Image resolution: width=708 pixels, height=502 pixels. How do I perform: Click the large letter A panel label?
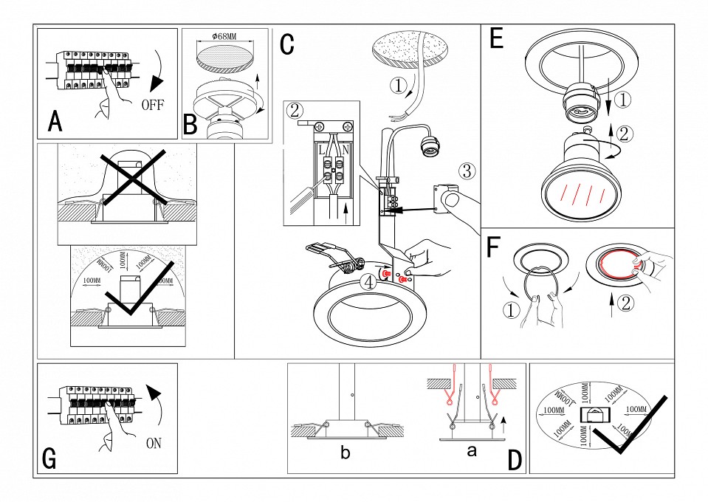pos(54,121)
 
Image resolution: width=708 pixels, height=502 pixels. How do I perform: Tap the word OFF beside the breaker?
pos(153,105)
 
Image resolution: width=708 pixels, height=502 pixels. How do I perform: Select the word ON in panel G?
pos(154,444)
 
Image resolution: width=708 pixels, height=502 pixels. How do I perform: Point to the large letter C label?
pos(287,44)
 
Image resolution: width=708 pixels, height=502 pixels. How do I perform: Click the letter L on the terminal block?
pos(322,151)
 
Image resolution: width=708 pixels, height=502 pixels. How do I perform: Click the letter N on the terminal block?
pos(345,151)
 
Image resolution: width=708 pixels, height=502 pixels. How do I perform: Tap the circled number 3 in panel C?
pos(467,171)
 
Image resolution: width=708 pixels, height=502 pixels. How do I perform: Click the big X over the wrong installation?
pos(128,179)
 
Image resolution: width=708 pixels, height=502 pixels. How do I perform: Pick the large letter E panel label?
pos(497,39)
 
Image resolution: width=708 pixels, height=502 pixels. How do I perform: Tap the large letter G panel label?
pos(49,458)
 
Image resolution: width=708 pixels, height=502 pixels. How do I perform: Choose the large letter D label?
pos(515,460)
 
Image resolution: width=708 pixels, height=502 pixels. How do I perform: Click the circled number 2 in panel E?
pos(625,134)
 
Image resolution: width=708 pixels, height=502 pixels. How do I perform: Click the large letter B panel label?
pos(190,123)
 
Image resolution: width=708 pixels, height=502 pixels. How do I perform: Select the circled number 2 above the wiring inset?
pos(295,111)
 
